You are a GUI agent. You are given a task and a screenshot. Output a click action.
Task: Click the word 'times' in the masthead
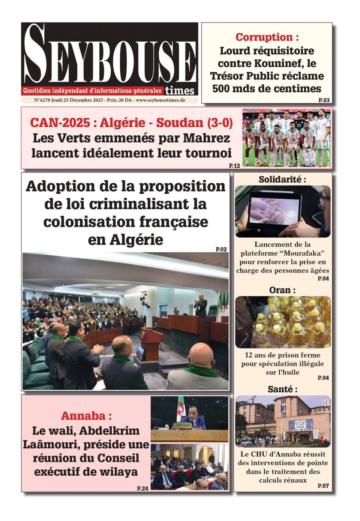pos(180,90)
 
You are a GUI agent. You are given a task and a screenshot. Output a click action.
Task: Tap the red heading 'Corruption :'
pos(267,37)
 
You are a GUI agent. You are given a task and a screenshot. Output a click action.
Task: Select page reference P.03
pos(324,100)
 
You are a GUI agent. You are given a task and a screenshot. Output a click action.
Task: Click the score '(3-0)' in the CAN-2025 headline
pos(219,123)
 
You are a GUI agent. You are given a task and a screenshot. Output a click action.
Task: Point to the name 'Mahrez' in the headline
pos(206,138)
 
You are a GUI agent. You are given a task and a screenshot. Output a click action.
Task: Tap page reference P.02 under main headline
pos(221,249)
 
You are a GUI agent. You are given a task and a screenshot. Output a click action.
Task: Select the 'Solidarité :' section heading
pos(282,180)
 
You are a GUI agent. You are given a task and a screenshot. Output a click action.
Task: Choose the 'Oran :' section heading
pos(282,290)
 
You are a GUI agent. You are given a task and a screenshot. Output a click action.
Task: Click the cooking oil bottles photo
pos(283,322)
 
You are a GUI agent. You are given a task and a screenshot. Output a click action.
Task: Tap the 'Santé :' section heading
pos(282,389)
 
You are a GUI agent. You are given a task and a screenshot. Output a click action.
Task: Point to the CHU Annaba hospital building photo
pos(283,421)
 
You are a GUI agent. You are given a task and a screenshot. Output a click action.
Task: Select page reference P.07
pos(323,486)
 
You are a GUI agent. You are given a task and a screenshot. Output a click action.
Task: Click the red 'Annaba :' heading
pos(86,416)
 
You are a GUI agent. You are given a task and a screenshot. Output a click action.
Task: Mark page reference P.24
pos(142,488)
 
